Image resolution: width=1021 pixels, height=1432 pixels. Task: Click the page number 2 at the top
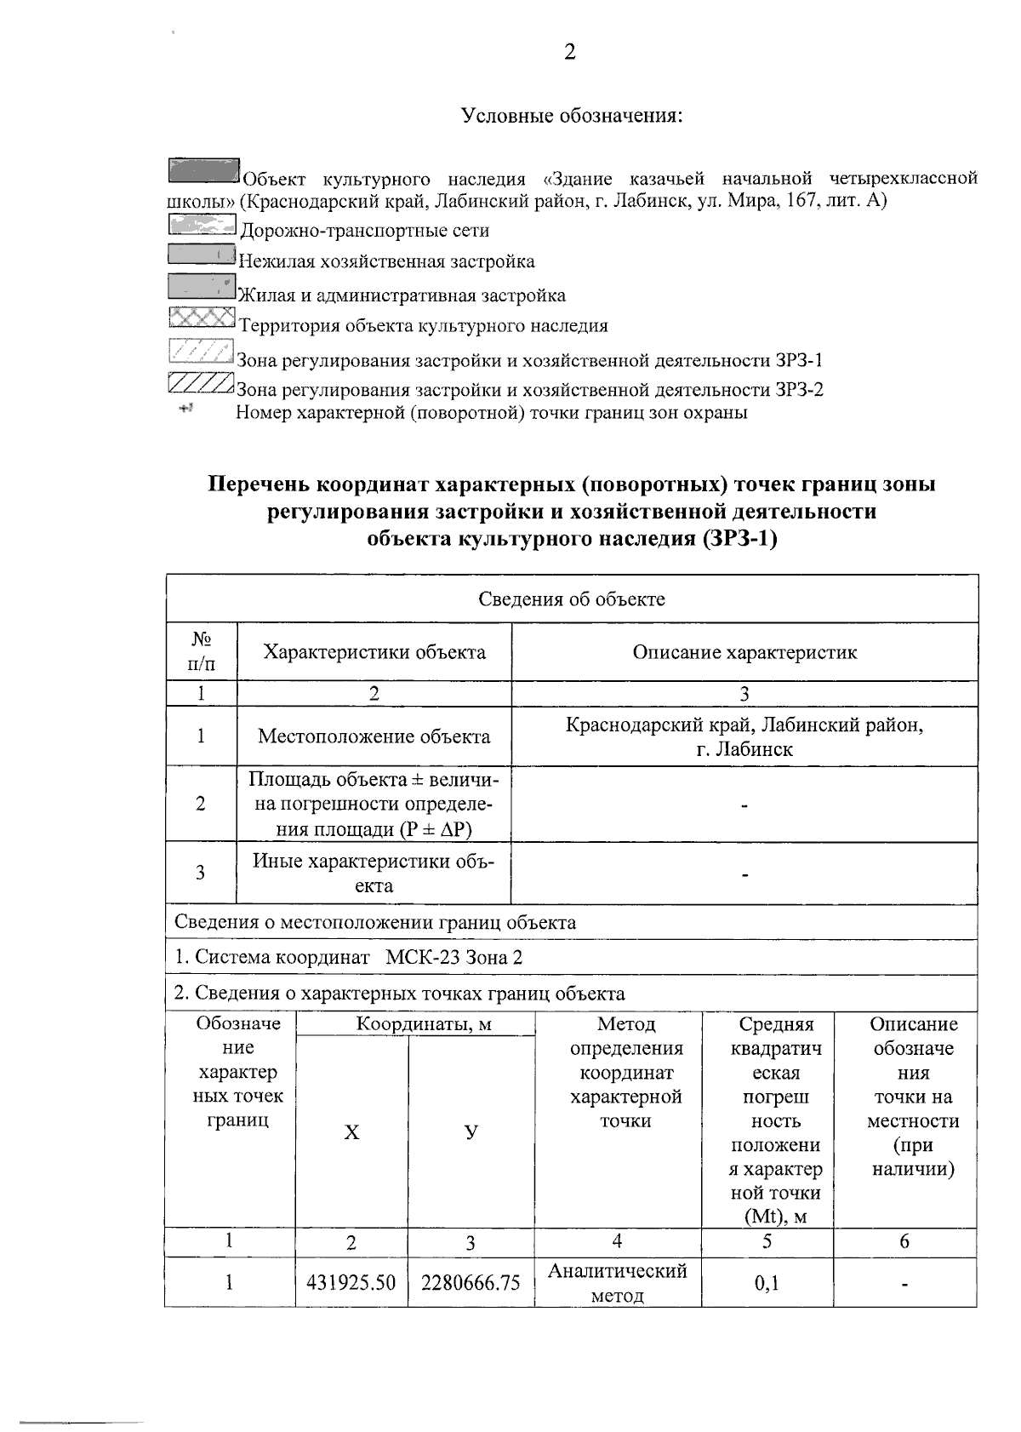point(569,53)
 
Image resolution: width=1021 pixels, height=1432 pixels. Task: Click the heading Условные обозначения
point(572,115)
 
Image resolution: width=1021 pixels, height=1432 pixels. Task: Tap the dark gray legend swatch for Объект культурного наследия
point(203,170)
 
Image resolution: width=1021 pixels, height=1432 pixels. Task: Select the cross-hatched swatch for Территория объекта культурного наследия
point(201,318)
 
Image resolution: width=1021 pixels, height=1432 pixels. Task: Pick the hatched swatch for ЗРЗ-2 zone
point(201,384)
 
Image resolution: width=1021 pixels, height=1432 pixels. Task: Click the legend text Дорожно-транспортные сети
point(364,230)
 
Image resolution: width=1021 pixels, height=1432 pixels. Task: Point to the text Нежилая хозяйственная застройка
point(386,261)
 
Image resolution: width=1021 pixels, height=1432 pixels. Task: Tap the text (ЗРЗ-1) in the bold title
point(740,538)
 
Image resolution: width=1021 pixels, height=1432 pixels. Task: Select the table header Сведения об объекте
point(571,599)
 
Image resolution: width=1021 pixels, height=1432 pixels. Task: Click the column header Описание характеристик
point(744,652)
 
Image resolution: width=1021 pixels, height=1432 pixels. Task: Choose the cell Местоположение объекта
point(374,736)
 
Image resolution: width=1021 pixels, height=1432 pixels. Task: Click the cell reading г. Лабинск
point(744,749)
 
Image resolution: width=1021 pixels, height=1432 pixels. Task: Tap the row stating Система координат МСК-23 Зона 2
point(349,957)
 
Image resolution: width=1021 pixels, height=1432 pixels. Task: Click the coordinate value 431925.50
point(351,1282)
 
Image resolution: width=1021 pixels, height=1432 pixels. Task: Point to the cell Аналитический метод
point(617,1283)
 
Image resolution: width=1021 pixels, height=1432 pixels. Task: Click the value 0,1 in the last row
point(767,1282)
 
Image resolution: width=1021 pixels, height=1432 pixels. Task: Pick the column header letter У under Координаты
point(471,1131)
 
